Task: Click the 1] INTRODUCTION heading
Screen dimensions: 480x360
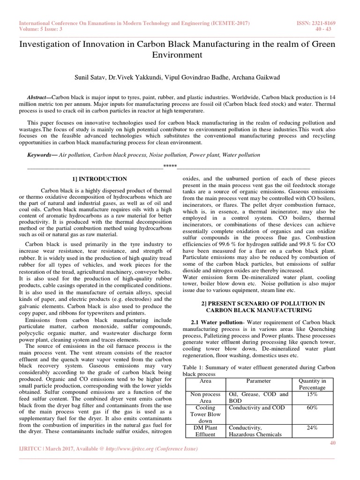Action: [99, 179]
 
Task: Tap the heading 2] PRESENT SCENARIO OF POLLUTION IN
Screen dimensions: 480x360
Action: [260, 304]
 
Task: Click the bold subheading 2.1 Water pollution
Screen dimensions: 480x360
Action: [217, 323]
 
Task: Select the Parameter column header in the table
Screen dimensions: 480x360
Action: [258, 381]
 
